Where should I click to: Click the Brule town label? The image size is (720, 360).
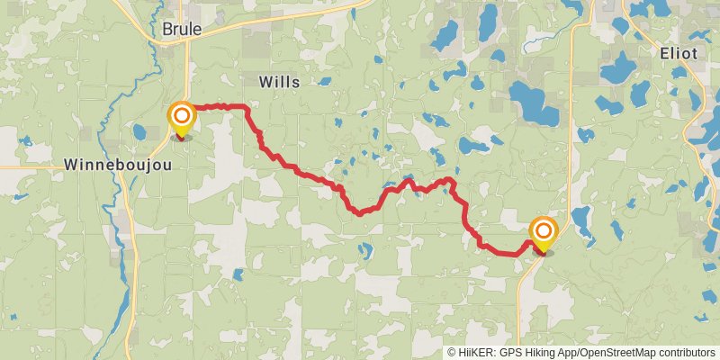click(x=182, y=30)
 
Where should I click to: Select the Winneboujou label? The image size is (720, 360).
click(x=112, y=165)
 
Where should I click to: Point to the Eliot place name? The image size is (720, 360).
click(x=678, y=53)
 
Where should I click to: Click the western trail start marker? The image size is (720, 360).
click(x=182, y=117)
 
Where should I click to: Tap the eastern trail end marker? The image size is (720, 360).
click(x=544, y=232)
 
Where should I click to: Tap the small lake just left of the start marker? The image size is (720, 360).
click(x=139, y=132)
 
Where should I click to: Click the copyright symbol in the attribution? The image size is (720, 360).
click(x=452, y=353)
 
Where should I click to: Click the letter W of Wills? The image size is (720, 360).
click(x=265, y=82)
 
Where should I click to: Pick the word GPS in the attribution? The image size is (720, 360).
click(x=509, y=353)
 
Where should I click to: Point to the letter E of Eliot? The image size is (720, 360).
click(x=664, y=53)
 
